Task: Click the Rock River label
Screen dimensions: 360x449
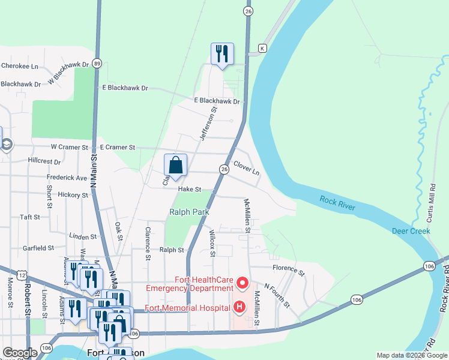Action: (x=337, y=203)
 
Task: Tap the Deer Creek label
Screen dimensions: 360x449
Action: (x=411, y=231)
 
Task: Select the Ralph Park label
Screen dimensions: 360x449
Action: (x=188, y=212)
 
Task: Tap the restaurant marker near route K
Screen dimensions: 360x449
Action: (x=222, y=54)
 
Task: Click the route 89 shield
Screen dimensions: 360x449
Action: (x=97, y=62)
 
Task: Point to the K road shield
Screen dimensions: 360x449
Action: (x=262, y=48)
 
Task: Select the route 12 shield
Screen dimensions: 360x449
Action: (x=22, y=274)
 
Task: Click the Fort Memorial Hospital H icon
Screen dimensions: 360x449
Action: (x=240, y=308)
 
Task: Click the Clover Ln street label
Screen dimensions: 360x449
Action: (x=246, y=167)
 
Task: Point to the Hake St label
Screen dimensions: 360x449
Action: (x=188, y=189)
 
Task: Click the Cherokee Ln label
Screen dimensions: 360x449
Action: (x=20, y=66)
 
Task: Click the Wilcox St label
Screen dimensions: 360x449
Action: (x=212, y=242)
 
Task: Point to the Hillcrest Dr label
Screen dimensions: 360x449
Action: (x=44, y=161)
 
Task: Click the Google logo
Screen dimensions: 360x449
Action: (x=20, y=353)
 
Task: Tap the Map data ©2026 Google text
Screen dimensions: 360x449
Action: (x=411, y=355)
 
